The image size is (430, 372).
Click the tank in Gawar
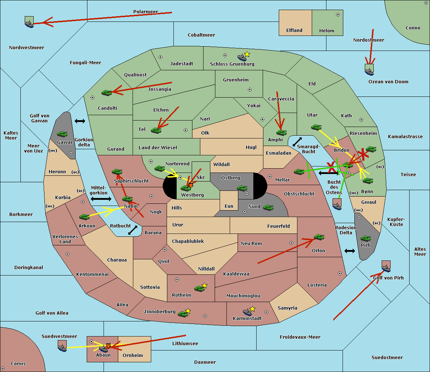point(62,134)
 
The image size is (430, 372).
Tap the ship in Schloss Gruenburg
point(242,57)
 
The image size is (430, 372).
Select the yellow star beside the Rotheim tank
point(204,285)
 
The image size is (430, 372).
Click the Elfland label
point(294,30)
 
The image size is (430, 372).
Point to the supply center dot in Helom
point(338,15)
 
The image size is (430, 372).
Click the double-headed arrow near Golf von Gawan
point(80,121)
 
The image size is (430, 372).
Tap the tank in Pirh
point(365,238)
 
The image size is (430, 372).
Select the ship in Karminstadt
point(247,312)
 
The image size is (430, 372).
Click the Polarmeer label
point(145,12)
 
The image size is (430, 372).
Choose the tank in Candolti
point(106,93)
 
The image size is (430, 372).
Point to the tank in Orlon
point(319,237)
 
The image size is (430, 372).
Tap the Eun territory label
point(229,206)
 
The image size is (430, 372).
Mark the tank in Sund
point(268,207)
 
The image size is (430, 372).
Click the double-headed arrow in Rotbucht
point(133,230)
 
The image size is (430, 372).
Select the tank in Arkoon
point(85,217)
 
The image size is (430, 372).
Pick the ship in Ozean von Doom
point(369,70)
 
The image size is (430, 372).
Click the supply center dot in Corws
point(3,368)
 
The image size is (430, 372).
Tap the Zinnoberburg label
point(160,312)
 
